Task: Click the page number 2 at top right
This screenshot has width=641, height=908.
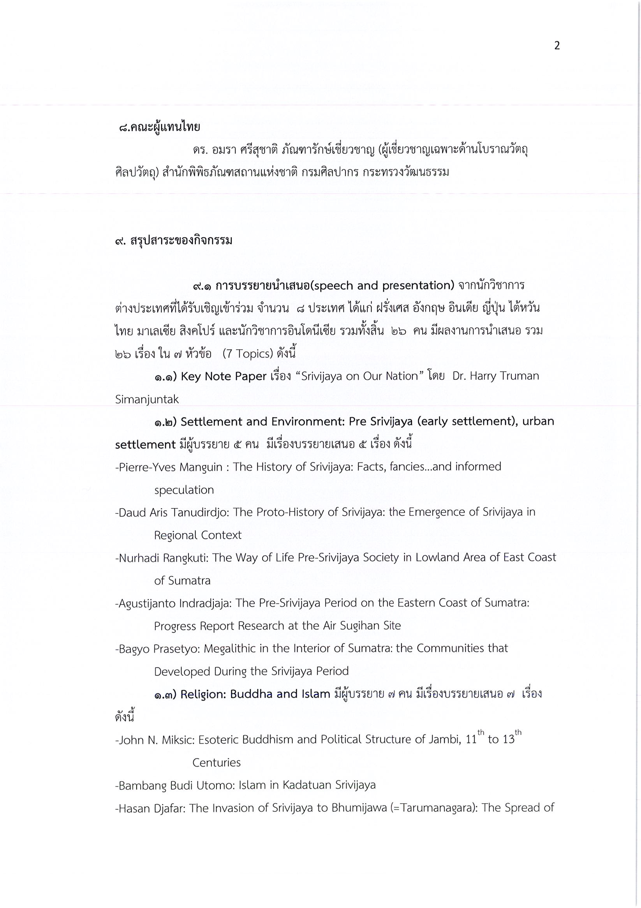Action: [x=557, y=46]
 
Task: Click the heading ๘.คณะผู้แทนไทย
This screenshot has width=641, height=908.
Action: [x=159, y=127]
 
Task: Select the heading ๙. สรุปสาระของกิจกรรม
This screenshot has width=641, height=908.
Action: [x=174, y=240]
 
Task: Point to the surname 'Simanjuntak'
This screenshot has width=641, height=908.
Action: [x=147, y=399]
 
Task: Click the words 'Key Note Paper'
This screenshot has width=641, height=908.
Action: [x=224, y=376]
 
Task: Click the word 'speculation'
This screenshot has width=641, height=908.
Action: [x=184, y=490]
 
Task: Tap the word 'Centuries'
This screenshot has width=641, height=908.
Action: [x=216, y=762]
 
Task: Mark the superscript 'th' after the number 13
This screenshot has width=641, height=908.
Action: [x=518, y=732]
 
